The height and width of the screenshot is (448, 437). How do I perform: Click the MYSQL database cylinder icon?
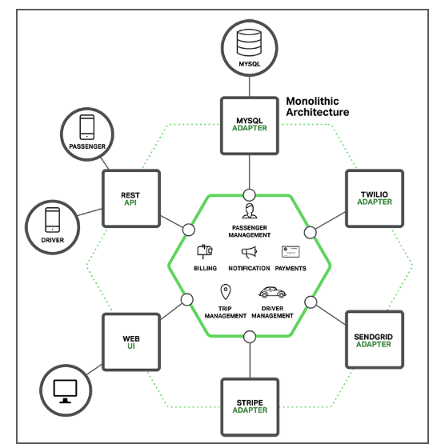pyautogui.click(x=249, y=42)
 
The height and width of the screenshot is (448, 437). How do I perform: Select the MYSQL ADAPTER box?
pyautogui.click(x=250, y=126)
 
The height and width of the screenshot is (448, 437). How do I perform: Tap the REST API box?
pyautogui.click(x=131, y=198)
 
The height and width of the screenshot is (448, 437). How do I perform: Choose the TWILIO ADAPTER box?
pyautogui.click(x=375, y=198)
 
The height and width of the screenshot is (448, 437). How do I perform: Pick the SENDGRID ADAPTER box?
pyautogui.click(x=375, y=340)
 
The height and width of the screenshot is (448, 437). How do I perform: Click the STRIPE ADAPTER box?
pyautogui.click(x=250, y=407)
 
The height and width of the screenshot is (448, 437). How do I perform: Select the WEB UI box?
pyautogui.click(x=131, y=342)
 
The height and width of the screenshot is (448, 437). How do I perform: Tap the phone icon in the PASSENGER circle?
pyautogui.click(x=87, y=127)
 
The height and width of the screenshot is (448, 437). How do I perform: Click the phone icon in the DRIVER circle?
pyautogui.click(x=53, y=220)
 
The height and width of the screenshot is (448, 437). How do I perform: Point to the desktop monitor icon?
pyautogui.click(x=65, y=391)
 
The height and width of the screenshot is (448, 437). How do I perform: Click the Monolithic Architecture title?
pyautogui.click(x=318, y=106)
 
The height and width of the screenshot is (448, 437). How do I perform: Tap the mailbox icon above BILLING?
pyautogui.click(x=205, y=252)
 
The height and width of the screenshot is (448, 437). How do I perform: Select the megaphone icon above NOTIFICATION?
pyautogui.click(x=249, y=252)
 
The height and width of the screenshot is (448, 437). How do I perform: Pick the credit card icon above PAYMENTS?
pyautogui.click(x=291, y=252)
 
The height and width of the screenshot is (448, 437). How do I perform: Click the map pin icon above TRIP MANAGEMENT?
pyautogui.click(x=226, y=292)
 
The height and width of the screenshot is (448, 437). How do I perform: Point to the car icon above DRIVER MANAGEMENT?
pyautogui.click(x=272, y=292)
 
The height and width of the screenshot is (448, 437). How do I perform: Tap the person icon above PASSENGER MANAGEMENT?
pyautogui.click(x=249, y=211)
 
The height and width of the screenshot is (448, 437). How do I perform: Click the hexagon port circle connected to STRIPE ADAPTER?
pyautogui.click(x=250, y=337)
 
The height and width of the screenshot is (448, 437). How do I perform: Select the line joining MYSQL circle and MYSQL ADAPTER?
pyautogui.click(x=250, y=86)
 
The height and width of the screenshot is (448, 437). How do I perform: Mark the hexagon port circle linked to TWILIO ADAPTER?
pyautogui.click(x=310, y=233)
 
